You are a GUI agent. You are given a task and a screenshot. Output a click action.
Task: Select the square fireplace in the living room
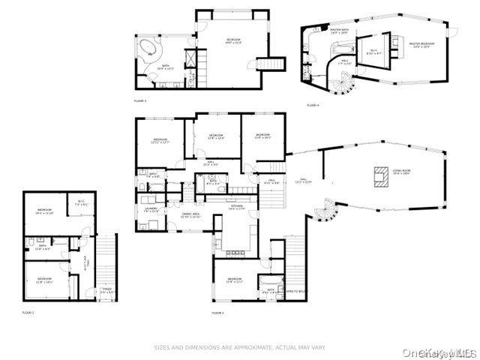tap(376, 175)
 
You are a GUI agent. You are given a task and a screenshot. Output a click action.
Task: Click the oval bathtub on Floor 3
tap(149, 51)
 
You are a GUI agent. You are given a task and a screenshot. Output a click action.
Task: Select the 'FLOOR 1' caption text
tap(28, 312)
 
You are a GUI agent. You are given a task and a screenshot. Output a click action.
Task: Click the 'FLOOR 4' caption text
tap(313, 105)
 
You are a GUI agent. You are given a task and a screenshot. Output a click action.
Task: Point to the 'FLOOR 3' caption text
tap(140, 100)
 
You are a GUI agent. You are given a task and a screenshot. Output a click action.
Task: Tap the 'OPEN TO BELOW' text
tap(295, 291)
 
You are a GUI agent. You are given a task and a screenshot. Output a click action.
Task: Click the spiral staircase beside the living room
tap(327, 210)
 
